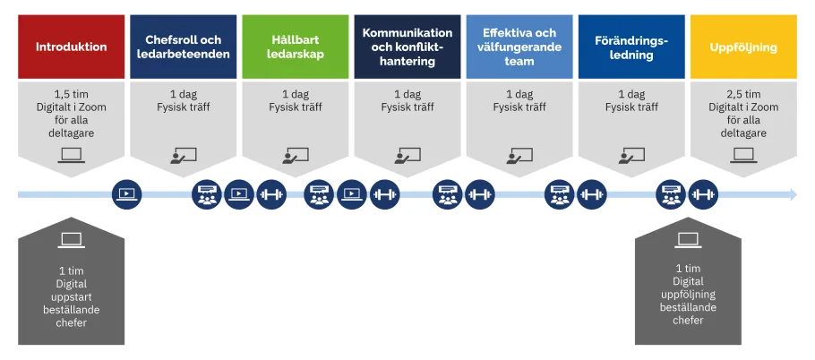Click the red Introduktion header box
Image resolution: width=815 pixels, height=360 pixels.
click(71, 47)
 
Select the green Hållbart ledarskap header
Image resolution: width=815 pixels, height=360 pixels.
click(296, 47)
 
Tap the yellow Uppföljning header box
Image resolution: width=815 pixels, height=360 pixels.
click(743, 47)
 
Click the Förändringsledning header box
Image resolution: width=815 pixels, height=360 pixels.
click(631, 47)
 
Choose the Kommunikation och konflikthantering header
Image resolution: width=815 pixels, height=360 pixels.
click(407, 47)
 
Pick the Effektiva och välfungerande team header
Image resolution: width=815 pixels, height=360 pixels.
click(519, 47)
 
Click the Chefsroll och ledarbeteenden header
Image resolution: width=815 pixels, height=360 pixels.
click(184, 47)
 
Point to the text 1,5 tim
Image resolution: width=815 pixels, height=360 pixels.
click(72, 94)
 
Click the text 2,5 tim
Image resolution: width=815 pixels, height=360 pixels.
click(743, 94)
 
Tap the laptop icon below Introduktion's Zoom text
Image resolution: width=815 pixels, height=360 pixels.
click(72, 155)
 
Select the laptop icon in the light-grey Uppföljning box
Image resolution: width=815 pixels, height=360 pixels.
click(743, 155)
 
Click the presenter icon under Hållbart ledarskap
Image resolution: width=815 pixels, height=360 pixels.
click(296, 155)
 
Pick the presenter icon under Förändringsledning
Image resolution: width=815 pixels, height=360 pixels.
click(631, 155)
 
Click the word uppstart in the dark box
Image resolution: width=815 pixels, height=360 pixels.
click(72, 296)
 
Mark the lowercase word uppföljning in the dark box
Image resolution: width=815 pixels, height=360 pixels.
click(688, 295)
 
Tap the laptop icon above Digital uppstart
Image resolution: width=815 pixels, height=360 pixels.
click(72, 240)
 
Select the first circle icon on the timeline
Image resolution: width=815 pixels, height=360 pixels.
click(126, 194)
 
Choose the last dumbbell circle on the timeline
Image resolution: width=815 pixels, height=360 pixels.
click(704, 194)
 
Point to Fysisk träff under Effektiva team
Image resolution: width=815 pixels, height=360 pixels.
click(519, 107)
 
